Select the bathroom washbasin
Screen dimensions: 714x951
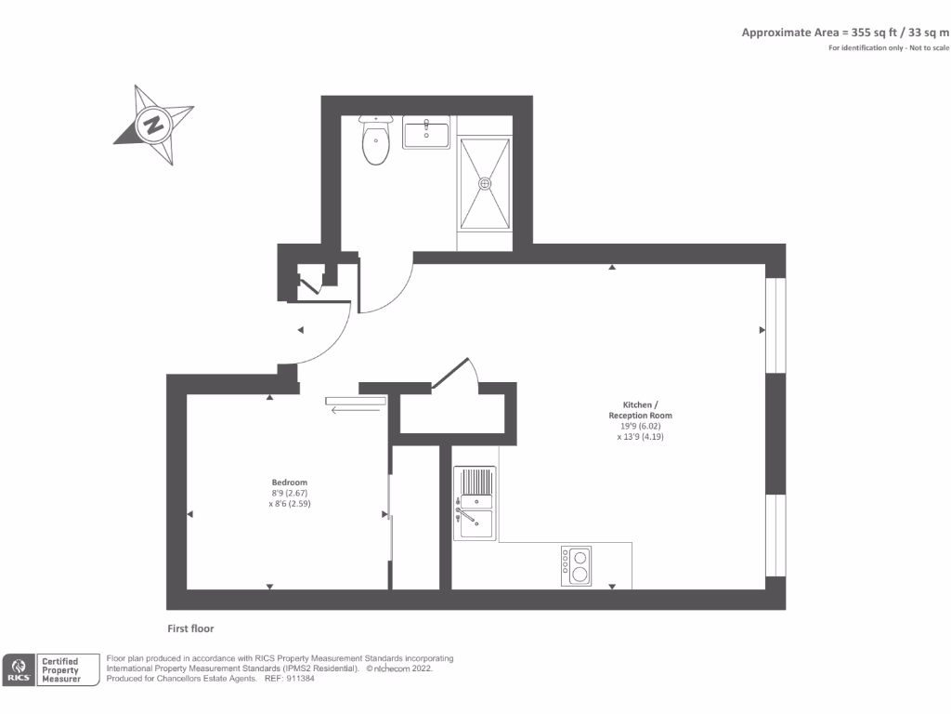[x=426, y=134]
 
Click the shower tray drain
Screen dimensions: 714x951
[x=484, y=183]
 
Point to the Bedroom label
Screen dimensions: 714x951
[x=289, y=482]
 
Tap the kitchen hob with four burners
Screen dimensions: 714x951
[x=576, y=565]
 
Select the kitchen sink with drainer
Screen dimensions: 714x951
[x=475, y=503]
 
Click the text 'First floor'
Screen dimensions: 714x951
[x=190, y=628]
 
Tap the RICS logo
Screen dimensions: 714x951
[x=20, y=669]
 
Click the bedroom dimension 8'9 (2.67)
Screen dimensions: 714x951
[x=289, y=493]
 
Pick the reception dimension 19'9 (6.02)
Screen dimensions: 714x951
[x=640, y=426]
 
